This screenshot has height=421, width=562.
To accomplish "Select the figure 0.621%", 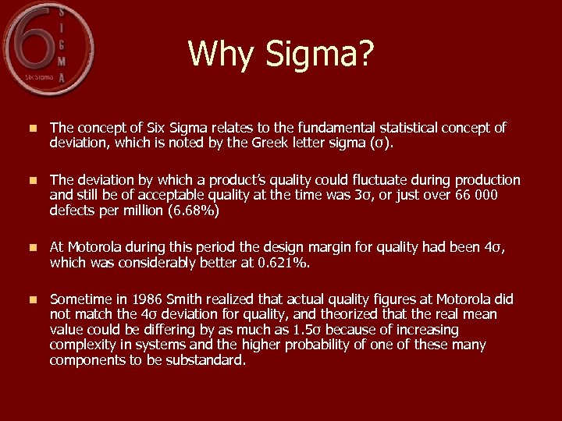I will (283, 263).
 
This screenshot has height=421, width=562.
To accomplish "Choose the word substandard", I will (205, 360).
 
